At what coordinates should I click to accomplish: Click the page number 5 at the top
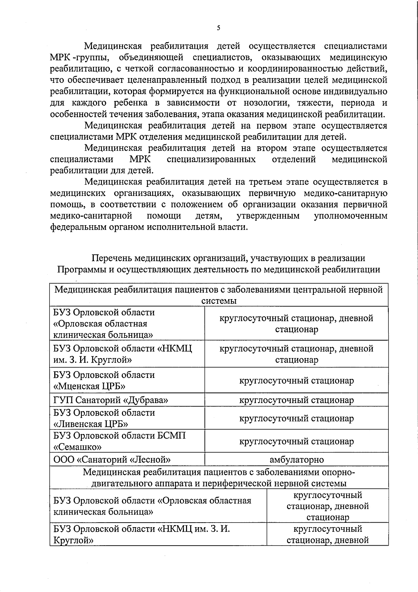pyautogui.click(x=218, y=28)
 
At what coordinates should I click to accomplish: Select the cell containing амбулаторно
pyautogui.click(x=296, y=460)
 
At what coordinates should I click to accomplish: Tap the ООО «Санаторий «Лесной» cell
pyautogui.click(x=112, y=460)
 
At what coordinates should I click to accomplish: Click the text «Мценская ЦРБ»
pyautogui.click(x=89, y=386)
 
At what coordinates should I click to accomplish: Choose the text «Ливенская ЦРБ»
pyautogui.click(x=91, y=424)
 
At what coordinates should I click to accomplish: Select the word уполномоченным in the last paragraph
pyautogui.click(x=350, y=216)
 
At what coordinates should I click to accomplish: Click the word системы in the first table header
pyautogui.click(x=219, y=301)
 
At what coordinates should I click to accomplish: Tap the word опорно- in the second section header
pyautogui.click(x=338, y=472)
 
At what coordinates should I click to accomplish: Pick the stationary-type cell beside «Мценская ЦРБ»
pyautogui.click(x=296, y=380)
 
